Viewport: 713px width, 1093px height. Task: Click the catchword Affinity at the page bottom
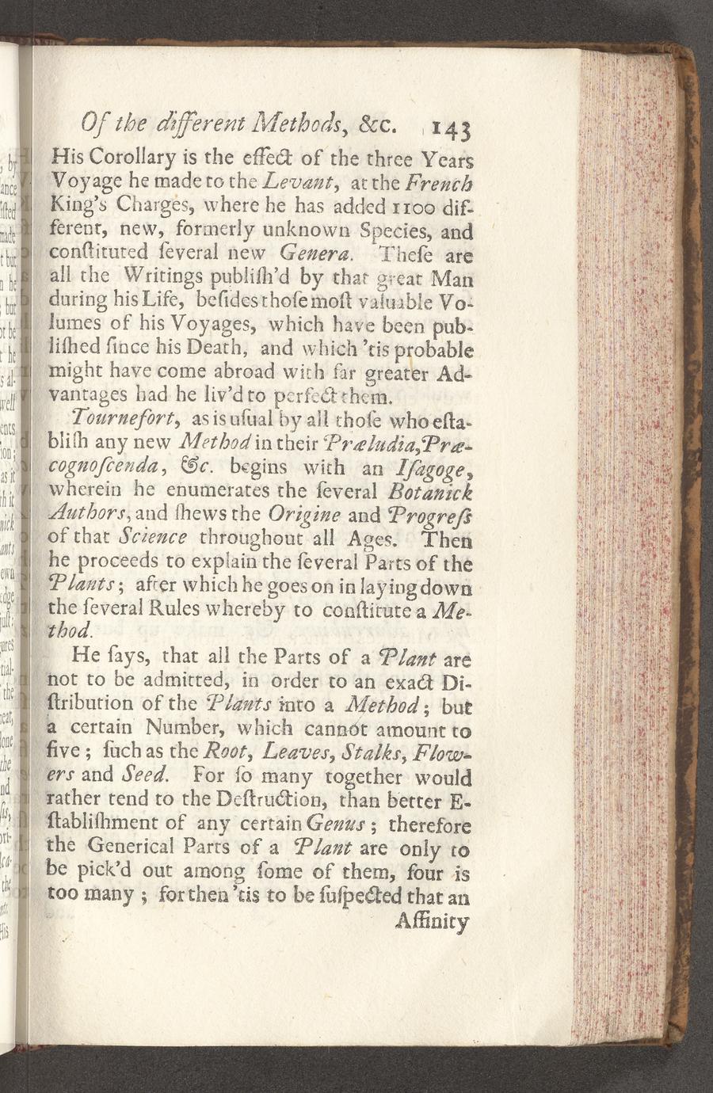pyautogui.click(x=432, y=923)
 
